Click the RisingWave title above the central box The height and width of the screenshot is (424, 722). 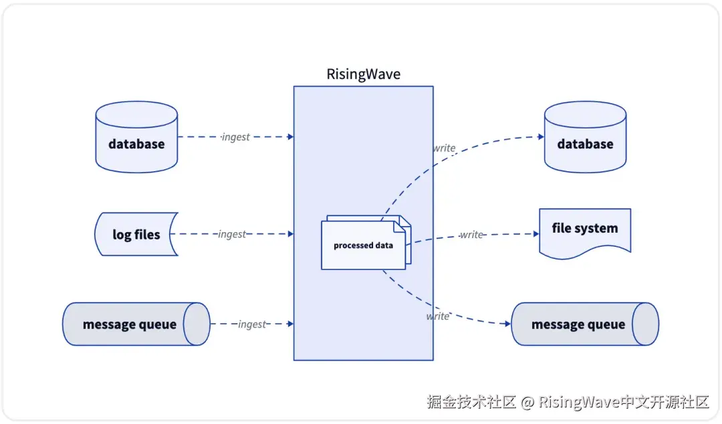click(x=363, y=74)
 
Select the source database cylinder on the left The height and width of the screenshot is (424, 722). click(x=136, y=136)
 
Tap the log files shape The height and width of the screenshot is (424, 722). click(x=136, y=235)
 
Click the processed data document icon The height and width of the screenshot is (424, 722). click(x=364, y=245)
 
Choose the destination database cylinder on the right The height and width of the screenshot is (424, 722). click(x=585, y=136)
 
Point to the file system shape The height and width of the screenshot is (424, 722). click(x=585, y=231)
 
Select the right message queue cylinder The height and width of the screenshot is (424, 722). click(x=578, y=324)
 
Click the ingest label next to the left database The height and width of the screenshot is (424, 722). click(x=235, y=136)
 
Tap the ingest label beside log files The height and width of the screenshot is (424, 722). click(x=232, y=234)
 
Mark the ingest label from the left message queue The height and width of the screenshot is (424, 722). click(x=252, y=324)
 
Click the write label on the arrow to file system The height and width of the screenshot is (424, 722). click(x=471, y=235)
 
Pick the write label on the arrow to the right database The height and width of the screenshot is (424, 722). click(x=444, y=148)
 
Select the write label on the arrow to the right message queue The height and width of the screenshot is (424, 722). click(x=438, y=316)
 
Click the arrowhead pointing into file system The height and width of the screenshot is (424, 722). click(x=535, y=234)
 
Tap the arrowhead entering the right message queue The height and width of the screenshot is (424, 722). click(x=507, y=324)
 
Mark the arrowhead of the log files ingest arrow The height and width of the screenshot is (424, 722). click(x=291, y=234)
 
